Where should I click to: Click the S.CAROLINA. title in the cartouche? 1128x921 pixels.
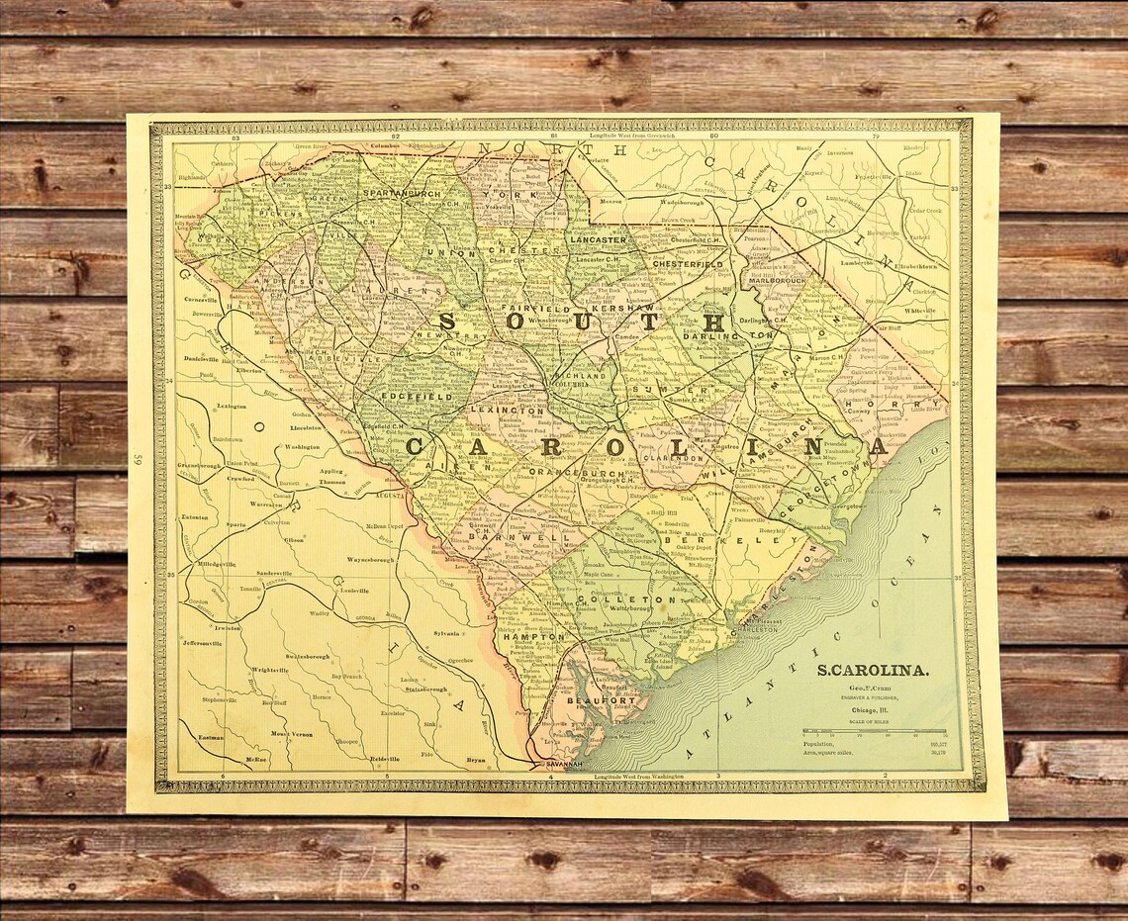coord(872,671)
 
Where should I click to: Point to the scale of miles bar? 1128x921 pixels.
coord(874,732)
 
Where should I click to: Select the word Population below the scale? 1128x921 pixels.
coord(818,744)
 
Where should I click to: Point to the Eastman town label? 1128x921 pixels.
coord(210,737)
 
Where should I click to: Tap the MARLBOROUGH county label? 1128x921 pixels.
coord(777,280)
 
